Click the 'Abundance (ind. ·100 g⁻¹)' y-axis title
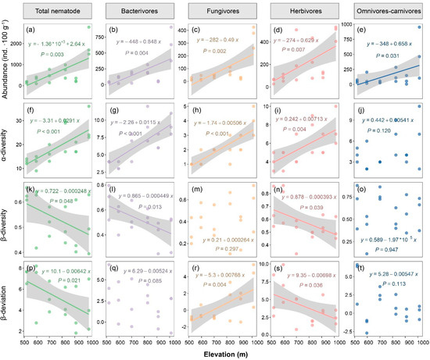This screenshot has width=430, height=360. pyautogui.click(x=7, y=58)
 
